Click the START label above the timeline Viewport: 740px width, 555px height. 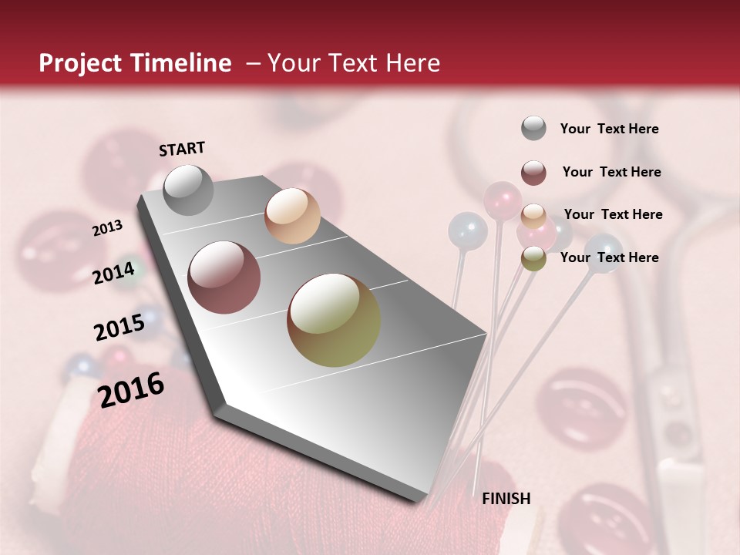pyautogui.click(x=182, y=149)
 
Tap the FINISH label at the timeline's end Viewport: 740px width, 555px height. pyautogui.click(x=506, y=499)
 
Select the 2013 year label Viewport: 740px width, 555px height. pyautogui.click(x=107, y=228)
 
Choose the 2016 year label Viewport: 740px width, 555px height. pyautogui.click(x=131, y=390)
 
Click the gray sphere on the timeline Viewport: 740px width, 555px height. pyautogui.click(x=188, y=190)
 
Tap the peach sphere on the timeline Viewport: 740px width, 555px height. pyautogui.click(x=292, y=216)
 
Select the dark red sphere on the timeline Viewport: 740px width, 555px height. pyautogui.click(x=224, y=277)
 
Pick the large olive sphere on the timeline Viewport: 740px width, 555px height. pyautogui.click(x=334, y=319)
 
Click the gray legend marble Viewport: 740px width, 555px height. pyautogui.click(x=533, y=129)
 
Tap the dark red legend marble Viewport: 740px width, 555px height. pyautogui.click(x=533, y=173)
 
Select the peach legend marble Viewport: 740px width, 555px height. pyautogui.click(x=533, y=216)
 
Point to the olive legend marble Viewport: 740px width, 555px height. pyautogui.click(x=533, y=258)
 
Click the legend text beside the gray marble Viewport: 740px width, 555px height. pyautogui.click(x=609, y=129)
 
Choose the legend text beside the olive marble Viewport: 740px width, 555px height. pyautogui.click(x=609, y=257)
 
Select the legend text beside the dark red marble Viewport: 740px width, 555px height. pyautogui.click(x=611, y=172)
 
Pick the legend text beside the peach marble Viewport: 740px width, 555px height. pyautogui.click(x=613, y=214)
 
